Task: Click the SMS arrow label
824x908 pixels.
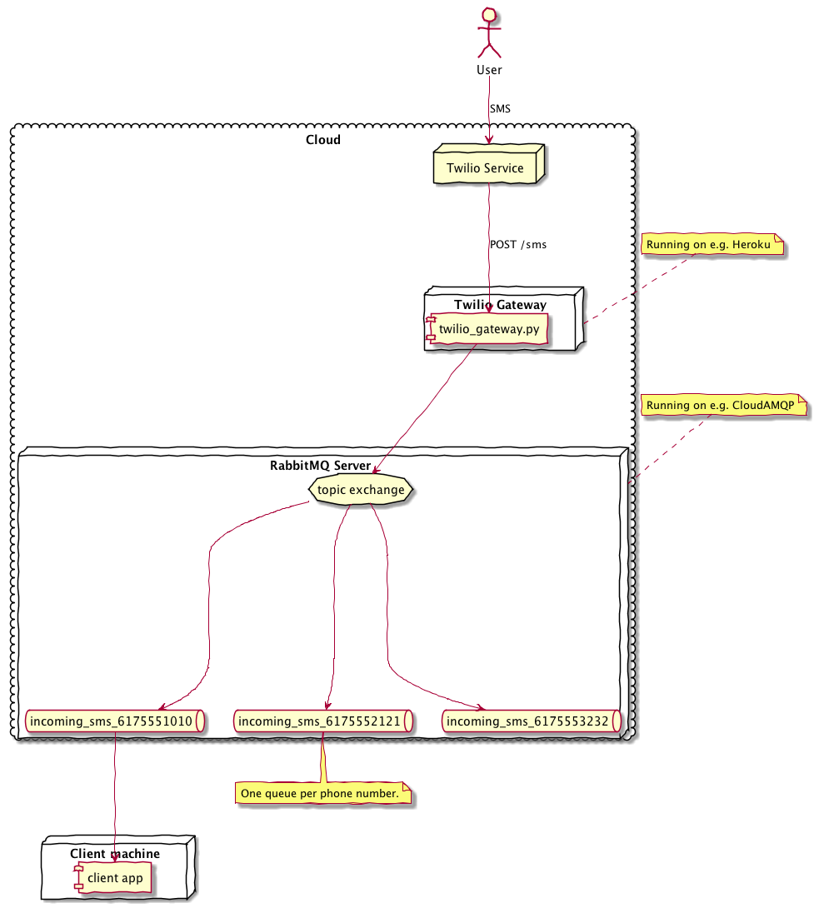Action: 501,108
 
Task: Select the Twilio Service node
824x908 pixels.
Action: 485,168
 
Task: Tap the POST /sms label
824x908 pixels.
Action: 518,244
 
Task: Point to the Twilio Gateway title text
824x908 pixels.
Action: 501,305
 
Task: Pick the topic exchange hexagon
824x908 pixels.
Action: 362,490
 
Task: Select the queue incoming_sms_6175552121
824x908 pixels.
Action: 322,721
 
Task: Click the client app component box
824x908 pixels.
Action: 115,878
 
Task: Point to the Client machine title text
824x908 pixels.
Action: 115,854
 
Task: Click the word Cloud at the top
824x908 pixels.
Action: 323,140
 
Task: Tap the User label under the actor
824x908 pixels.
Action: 489,69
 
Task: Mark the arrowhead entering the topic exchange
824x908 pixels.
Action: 375,472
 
